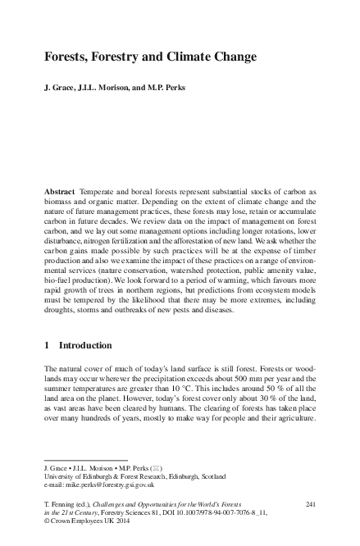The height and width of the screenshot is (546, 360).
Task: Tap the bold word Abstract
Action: [60, 191]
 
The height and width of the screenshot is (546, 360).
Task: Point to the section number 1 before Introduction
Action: [47, 347]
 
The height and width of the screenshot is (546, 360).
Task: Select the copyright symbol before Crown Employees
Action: [46, 521]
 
